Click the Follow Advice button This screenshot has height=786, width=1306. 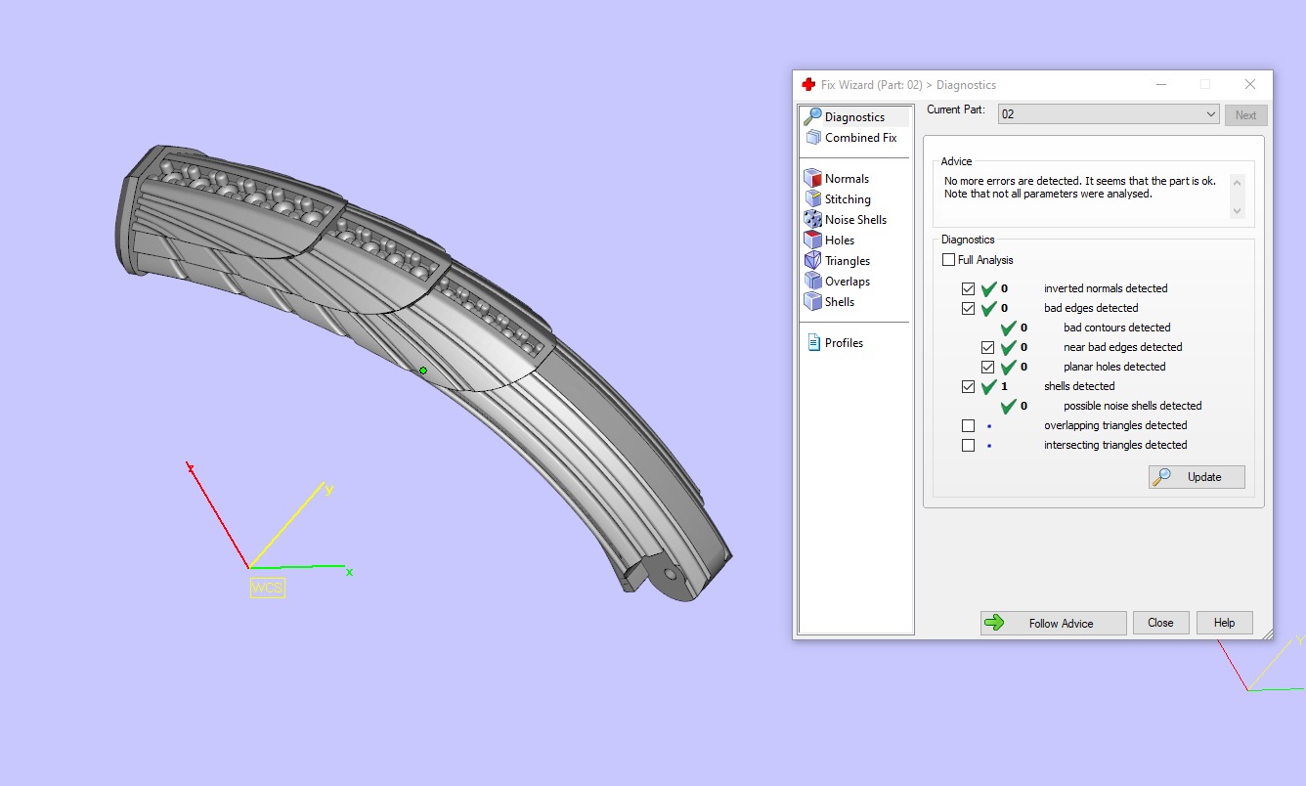click(1053, 623)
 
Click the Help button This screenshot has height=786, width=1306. click(1224, 623)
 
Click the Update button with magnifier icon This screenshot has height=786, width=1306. click(1197, 477)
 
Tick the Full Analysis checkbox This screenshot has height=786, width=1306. click(948, 260)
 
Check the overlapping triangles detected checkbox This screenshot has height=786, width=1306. click(968, 425)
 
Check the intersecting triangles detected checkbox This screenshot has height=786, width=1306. click(968, 445)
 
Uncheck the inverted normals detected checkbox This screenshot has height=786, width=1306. click(968, 288)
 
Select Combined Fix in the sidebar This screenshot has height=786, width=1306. click(859, 138)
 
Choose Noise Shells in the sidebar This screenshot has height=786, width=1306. click(854, 220)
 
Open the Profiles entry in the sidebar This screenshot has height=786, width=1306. click(843, 343)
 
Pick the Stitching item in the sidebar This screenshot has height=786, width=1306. click(847, 199)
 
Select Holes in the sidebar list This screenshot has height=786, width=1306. click(839, 240)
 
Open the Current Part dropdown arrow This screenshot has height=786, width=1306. click(1210, 114)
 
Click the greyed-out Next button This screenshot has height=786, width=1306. click(1245, 114)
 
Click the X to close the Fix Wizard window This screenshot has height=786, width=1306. click(1249, 84)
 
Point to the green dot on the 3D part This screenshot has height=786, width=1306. click(423, 371)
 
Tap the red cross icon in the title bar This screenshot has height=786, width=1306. click(808, 85)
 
